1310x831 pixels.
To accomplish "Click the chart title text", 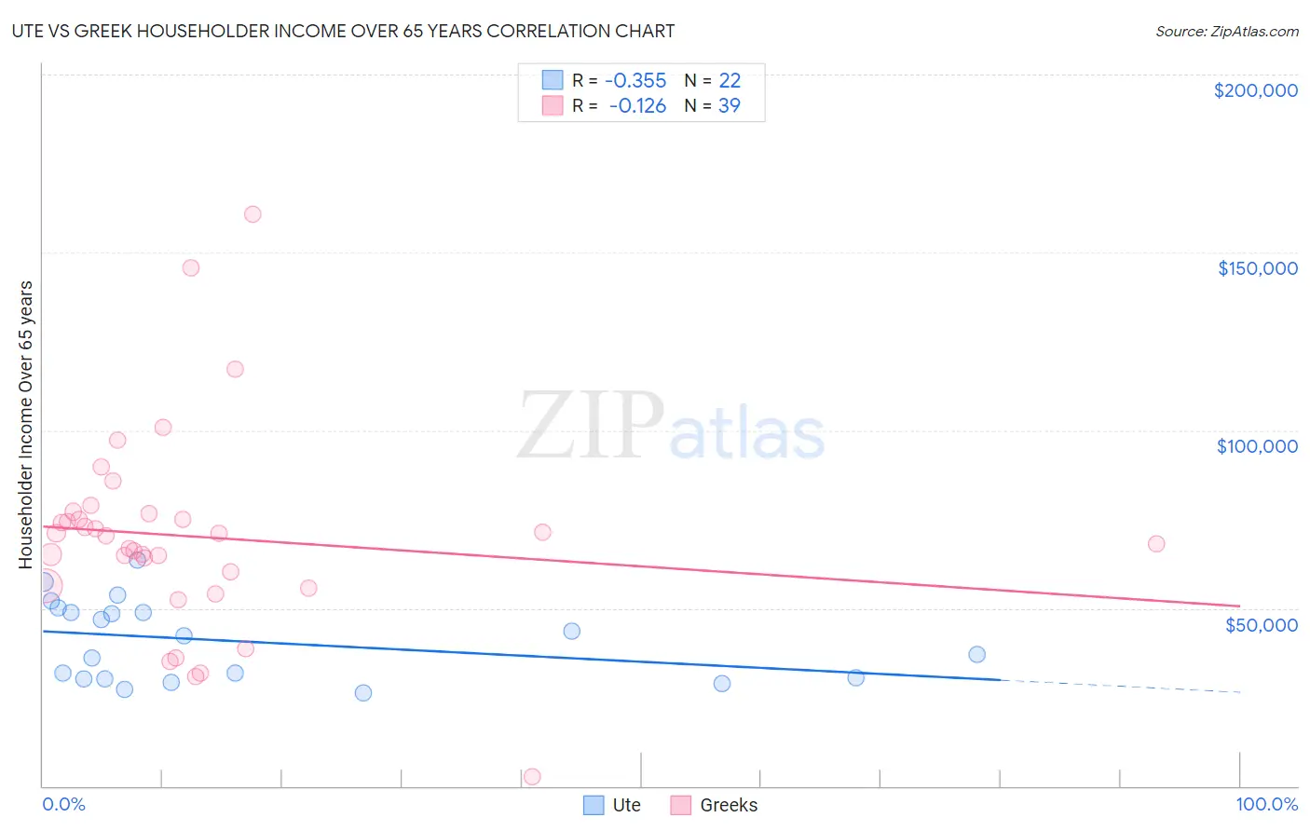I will point(343,31).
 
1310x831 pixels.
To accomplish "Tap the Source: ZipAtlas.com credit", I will point(1226,31).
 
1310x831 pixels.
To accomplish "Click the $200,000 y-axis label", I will point(1255,90).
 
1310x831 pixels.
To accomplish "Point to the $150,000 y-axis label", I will point(1257,268).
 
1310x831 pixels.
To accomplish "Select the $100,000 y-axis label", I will point(1257,446).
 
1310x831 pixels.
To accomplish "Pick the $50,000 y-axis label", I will point(1261,624).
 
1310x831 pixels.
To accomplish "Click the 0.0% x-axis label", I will point(63,804).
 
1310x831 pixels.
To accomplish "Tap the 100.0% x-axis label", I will point(1266,804).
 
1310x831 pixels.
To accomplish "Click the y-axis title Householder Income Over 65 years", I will point(25,424).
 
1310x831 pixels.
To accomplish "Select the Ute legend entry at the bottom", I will point(612,805).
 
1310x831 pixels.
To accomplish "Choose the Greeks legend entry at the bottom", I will point(715,805).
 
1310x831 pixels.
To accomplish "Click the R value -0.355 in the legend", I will point(635,80).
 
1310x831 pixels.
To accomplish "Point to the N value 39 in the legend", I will point(729,105).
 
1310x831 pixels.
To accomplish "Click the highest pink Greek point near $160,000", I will point(252,214).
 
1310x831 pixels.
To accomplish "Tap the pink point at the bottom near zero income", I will point(532,777).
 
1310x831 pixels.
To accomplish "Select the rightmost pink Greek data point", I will point(1156,544).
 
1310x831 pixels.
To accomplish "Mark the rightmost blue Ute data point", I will point(976,654).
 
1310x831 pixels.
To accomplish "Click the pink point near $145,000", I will point(191,267).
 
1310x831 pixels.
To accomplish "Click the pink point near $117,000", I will point(235,369).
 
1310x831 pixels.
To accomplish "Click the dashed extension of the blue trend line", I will point(1118,686).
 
